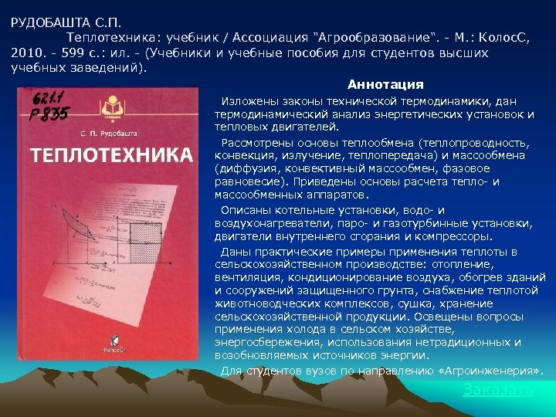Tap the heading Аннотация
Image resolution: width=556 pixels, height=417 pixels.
[385, 84]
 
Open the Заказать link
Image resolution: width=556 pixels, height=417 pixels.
[498, 390]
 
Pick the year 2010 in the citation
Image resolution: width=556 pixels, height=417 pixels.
[25, 53]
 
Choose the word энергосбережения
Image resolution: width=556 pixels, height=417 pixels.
[268, 343]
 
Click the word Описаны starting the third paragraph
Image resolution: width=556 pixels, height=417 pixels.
[242, 210]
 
